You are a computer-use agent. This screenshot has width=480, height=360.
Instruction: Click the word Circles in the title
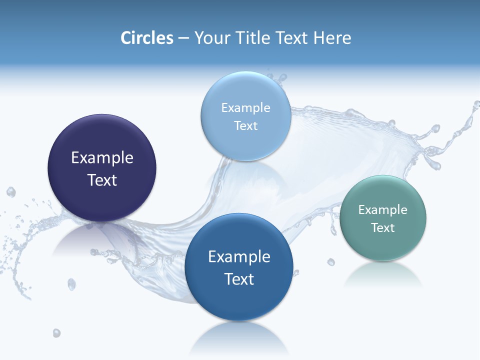[x=146, y=38]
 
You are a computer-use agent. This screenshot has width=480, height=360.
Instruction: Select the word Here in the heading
[x=332, y=38]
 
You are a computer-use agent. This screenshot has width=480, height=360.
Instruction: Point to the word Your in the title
[x=210, y=38]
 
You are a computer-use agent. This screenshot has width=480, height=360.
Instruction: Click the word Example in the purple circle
[x=102, y=158]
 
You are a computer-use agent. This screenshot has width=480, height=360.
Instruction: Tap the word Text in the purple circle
[x=102, y=180]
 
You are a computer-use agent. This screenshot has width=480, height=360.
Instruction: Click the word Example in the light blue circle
[x=245, y=108]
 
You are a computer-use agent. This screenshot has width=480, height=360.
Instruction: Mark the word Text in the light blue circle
[x=245, y=126]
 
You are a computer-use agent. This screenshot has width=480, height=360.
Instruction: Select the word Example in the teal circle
[x=382, y=210]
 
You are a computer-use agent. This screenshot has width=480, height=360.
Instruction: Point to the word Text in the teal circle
[x=382, y=228]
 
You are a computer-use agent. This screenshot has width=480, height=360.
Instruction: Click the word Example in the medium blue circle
[x=239, y=257]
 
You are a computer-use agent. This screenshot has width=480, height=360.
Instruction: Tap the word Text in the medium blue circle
[x=239, y=279]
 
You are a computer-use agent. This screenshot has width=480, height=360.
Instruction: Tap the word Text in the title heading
[x=292, y=38]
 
